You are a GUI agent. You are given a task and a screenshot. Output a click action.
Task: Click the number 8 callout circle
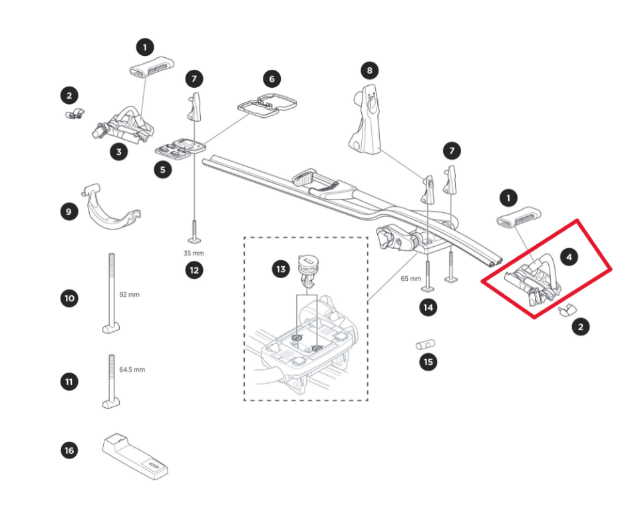[370, 70]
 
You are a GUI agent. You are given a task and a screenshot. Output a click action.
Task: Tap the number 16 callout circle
[69, 450]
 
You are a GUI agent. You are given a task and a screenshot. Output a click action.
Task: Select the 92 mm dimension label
[130, 294]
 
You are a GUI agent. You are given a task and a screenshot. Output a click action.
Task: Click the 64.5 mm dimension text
[132, 369]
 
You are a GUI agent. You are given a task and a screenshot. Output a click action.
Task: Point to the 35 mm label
[194, 254]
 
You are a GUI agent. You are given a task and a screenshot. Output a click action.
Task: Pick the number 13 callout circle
[281, 269]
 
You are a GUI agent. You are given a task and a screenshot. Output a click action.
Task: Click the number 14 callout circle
[428, 307]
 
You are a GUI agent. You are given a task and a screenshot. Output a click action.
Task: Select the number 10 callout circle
[69, 298]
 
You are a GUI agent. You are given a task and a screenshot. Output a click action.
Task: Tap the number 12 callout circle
[194, 271]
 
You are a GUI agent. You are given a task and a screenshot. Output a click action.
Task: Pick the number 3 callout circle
[118, 152]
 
